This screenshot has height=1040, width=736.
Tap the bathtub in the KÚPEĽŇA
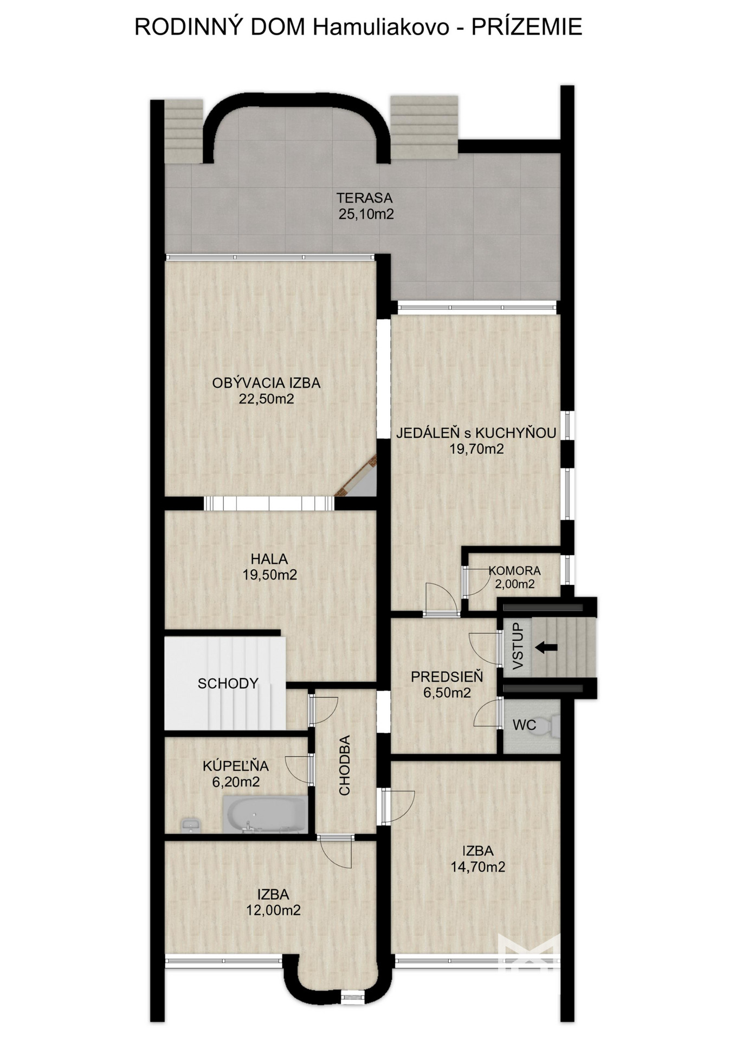[265, 814]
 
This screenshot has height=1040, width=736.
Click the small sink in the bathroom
[190, 825]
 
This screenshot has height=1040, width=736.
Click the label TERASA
[364, 198]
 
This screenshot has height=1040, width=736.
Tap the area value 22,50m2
[266, 399]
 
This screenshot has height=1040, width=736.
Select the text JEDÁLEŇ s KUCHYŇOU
[476, 432]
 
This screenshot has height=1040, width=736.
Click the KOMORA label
[514, 570]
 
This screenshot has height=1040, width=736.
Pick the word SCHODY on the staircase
[228, 684]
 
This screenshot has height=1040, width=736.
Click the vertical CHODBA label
[345, 765]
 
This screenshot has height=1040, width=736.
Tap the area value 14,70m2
[477, 867]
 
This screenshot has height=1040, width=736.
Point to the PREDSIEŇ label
[447, 677]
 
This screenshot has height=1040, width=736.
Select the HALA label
[269, 559]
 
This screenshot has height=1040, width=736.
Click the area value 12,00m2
[273, 911]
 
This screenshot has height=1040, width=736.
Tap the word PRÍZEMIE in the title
[526, 27]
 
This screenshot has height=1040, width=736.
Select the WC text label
[524, 725]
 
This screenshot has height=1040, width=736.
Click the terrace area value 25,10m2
[366, 214]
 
